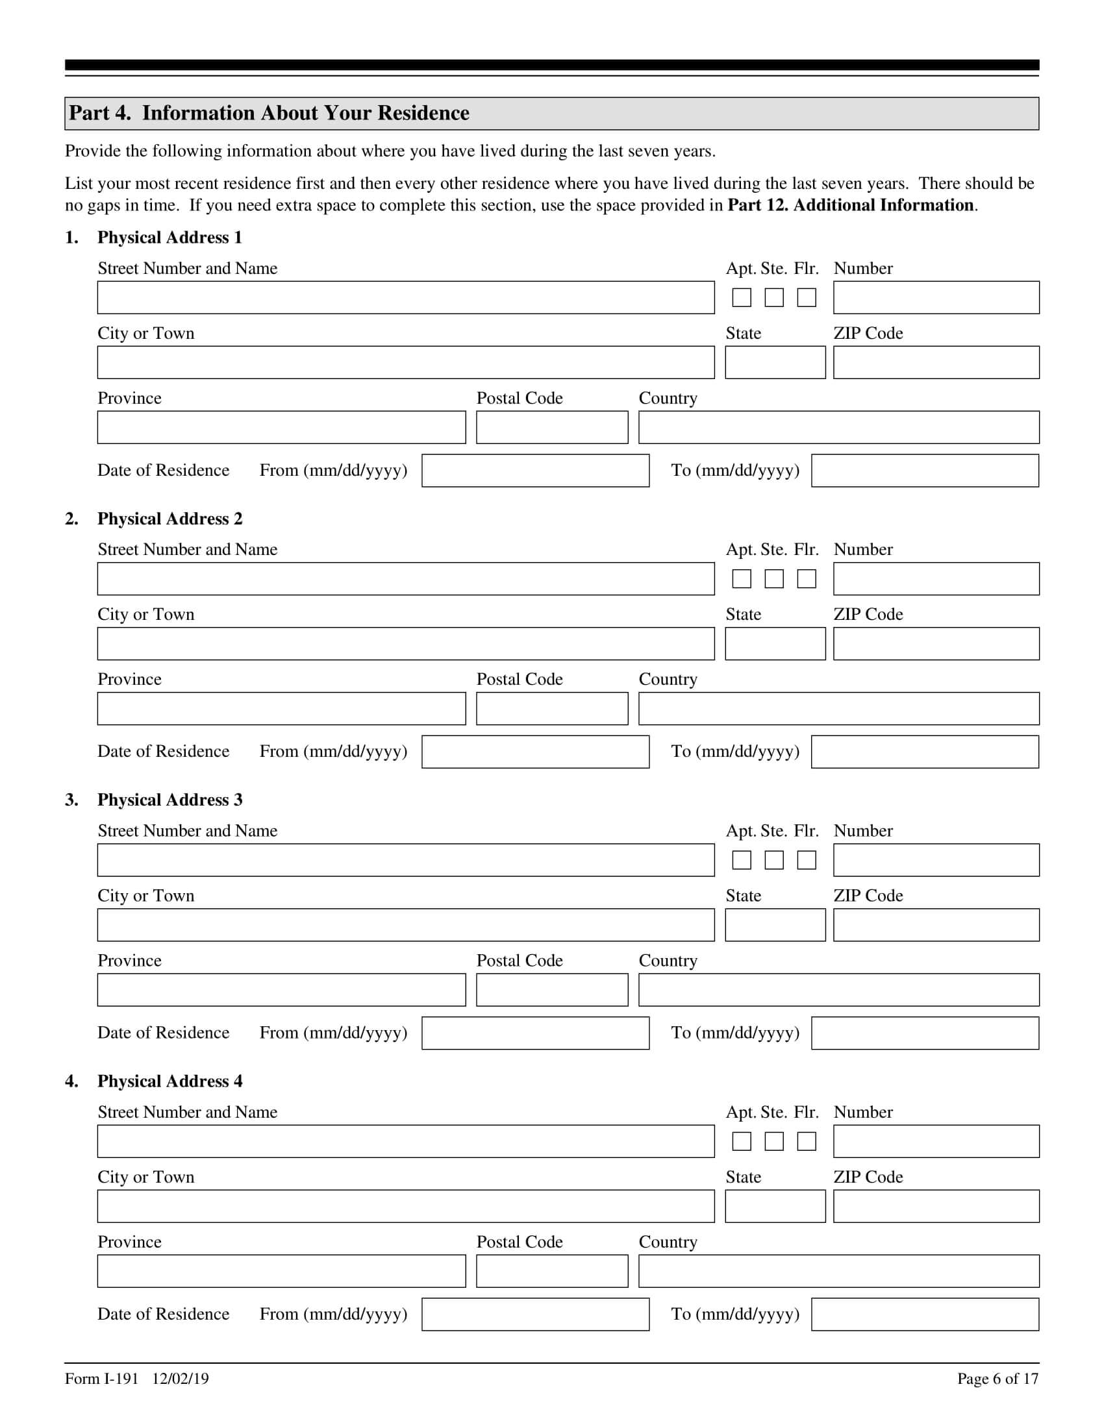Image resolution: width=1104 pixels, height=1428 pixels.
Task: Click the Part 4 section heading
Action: point(269,113)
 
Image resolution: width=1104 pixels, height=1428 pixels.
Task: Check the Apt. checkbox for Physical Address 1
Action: point(741,297)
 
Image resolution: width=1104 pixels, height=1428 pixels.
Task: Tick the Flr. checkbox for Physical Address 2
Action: point(806,578)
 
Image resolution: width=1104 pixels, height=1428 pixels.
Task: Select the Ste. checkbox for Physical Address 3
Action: point(773,860)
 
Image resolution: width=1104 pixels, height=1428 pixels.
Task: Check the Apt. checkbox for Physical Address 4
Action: point(741,1141)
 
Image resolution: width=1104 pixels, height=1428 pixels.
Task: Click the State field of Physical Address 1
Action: point(775,362)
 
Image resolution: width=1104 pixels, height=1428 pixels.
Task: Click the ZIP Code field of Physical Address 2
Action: point(935,643)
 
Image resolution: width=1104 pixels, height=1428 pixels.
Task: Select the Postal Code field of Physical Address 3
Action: point(551,990)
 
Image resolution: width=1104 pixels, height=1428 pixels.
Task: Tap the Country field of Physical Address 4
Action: point(838,1271)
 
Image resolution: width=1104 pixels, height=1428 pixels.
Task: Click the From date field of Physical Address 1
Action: point(535,471)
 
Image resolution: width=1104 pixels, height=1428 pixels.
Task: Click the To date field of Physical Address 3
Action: point(924,1033)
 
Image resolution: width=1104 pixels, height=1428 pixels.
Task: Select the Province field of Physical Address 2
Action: point(281,709)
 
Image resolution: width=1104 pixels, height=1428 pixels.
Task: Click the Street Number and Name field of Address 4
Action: point(405,1141)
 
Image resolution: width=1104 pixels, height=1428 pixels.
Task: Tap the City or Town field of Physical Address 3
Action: point(405,924)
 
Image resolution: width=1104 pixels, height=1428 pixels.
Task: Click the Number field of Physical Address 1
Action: point(935,297)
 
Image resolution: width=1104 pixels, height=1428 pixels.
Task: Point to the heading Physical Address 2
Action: point(169,519)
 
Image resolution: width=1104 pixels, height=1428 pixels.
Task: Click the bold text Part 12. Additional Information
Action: point(851,205)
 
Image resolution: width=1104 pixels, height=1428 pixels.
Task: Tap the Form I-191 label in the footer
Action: point(101,1379)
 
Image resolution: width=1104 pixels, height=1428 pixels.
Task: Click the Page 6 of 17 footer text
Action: point(997,1379)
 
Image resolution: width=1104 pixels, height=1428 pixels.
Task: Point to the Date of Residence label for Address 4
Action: point(163,1314)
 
